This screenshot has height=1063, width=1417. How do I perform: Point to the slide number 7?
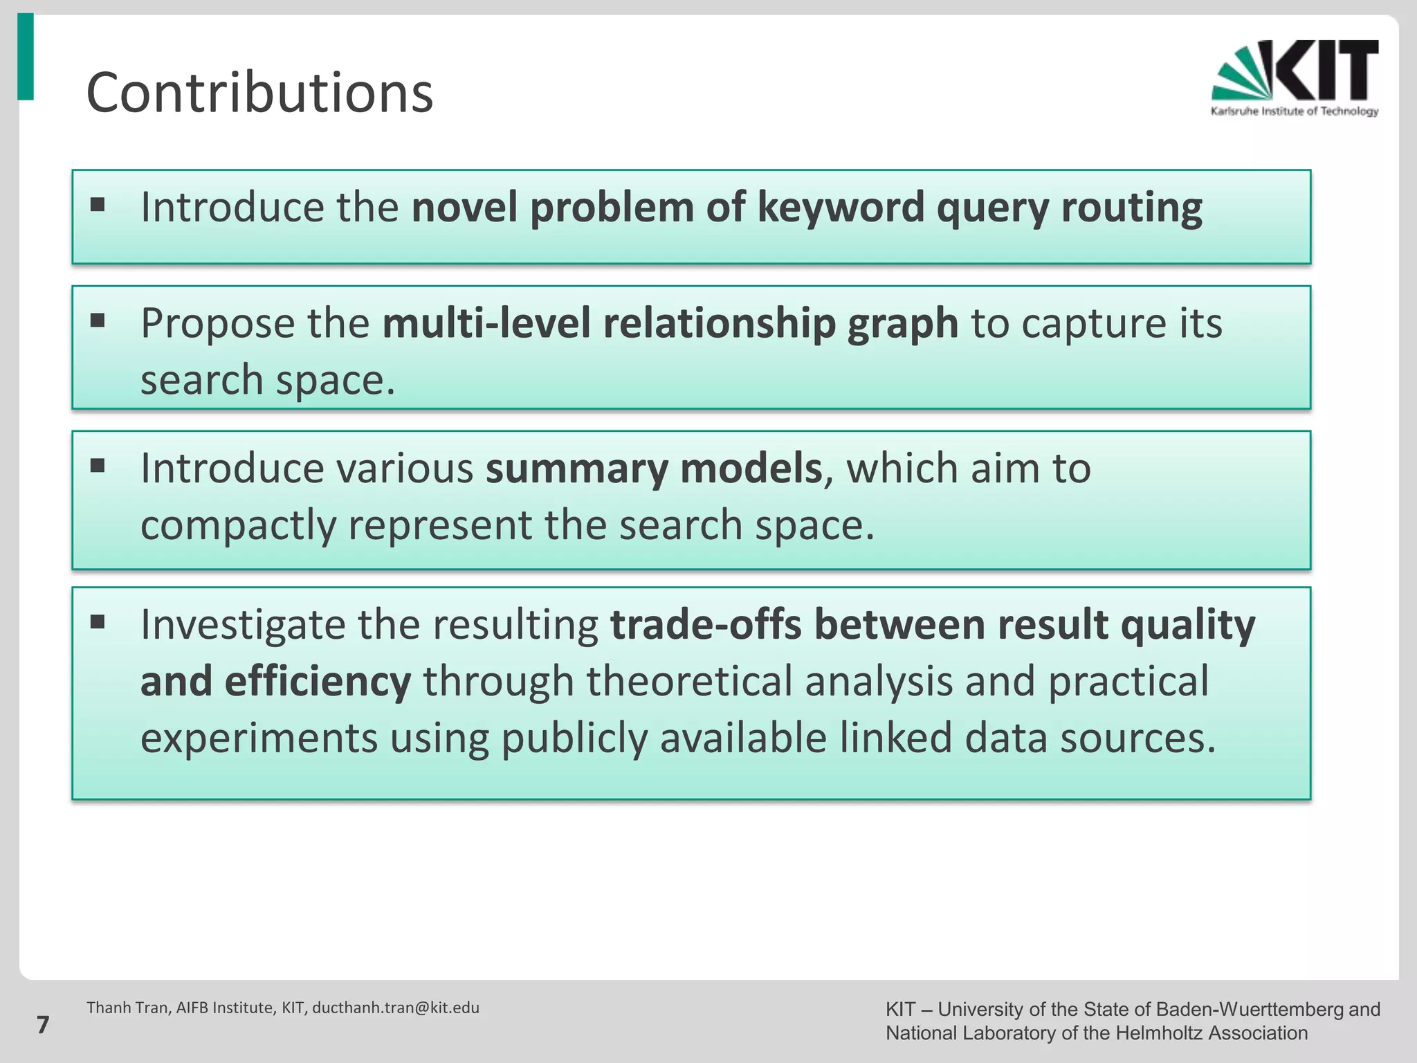[43, 1025]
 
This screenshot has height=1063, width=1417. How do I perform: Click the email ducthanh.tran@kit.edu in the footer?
[395, 1008]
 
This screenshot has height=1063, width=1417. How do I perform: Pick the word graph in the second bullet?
[903, 323]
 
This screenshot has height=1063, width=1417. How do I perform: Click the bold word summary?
[576, 469]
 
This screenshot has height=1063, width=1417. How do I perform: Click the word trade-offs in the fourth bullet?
[706, 625]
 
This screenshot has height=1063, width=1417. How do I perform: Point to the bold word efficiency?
[318, 682]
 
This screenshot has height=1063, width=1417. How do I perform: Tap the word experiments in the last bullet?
[259, 738]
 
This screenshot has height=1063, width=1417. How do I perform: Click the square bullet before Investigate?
[98, 622]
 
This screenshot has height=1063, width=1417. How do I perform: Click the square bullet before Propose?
[98, 320]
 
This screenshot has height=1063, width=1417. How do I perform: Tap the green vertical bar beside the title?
[26, 57]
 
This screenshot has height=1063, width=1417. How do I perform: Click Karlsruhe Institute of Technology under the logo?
[1294, 111]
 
